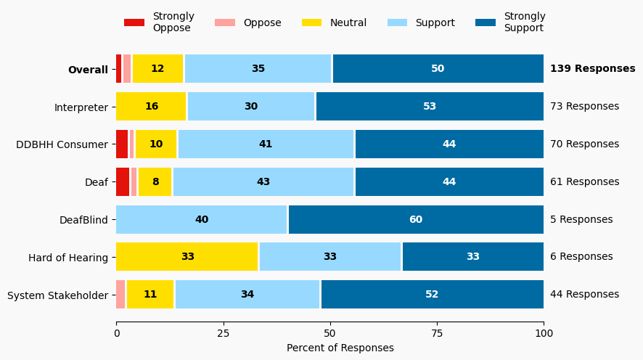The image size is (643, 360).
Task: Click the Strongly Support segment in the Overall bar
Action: (x=438, y=69)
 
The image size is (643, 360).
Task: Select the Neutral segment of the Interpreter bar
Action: (x=151, y=107)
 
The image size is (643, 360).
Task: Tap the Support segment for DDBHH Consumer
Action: (x=266, y=144)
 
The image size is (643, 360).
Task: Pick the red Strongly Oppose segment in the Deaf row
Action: (x=123, y=182)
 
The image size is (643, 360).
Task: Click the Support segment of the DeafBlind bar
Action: (x=202, y=219)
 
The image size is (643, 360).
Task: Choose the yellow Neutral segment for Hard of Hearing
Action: (x=187, y=257)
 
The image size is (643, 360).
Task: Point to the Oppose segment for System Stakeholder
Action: (x=120, y=295)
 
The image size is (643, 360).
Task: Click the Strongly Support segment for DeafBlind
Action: (x=416, y=219)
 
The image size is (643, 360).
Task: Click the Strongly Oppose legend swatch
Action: (x=134, y=22)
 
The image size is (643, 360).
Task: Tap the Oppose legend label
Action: (x=262, y=22)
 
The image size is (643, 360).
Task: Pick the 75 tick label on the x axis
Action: (x=437, y=333)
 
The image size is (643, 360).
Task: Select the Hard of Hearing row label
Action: (x=68, y=257)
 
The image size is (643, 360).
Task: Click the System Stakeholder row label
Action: (x=57, y=295)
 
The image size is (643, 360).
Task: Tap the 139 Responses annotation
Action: (x=592, y=69)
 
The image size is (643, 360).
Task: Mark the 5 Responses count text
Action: (x=581, y=219)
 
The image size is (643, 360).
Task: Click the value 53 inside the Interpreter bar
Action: (x=430, y=107)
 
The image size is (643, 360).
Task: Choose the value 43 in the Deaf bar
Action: (x=263, y=182)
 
